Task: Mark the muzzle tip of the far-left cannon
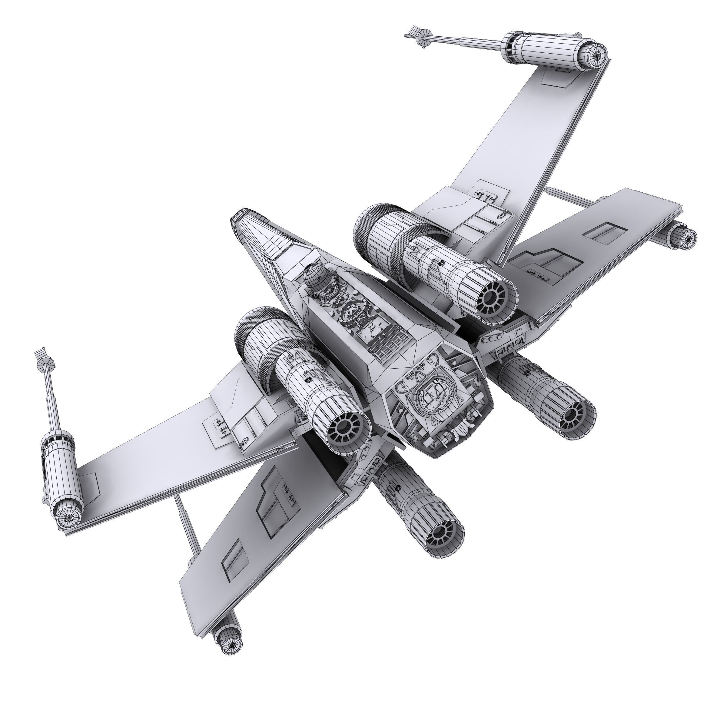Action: (x=39, y=354)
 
